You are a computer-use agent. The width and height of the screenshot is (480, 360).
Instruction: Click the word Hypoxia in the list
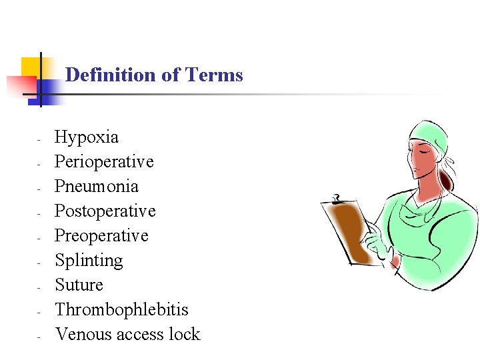tap(87, 138)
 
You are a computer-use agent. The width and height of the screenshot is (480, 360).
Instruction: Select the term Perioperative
tap(104, 162)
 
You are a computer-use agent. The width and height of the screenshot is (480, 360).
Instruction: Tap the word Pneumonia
tap(97, 187)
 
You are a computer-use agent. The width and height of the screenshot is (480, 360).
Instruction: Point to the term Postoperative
tap(105, 211)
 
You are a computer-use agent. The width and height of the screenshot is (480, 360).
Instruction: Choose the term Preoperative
tap(101, 236)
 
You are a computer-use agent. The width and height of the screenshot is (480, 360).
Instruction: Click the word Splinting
tap(89, 260)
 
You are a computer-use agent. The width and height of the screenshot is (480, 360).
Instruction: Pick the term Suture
tap(79, 285)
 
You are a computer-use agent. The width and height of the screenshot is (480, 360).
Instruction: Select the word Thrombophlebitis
tap(121, 309)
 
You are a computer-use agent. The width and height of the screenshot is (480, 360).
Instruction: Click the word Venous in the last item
tap(83, 334)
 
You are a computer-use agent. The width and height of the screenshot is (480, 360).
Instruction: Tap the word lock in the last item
tap(184, 334)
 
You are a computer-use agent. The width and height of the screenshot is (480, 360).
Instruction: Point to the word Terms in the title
tap(215, 75)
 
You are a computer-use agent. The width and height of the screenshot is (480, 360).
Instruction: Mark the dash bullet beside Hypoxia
tap(40, 139)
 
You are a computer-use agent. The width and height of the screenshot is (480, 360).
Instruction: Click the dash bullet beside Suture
tap(40, 287)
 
